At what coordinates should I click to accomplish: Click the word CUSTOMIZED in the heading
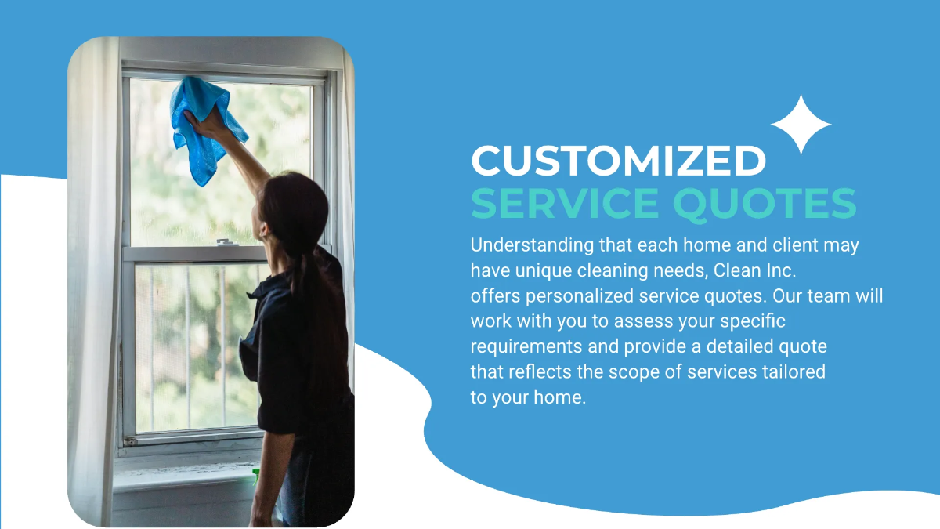[x=618, y=161]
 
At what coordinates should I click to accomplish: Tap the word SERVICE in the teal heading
[x=566, y=203]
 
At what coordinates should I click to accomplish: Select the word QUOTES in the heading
[x=765, y=203]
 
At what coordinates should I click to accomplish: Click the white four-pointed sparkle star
[x=801, y=125]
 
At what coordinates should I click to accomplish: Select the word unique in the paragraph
[x=538, y=270]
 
